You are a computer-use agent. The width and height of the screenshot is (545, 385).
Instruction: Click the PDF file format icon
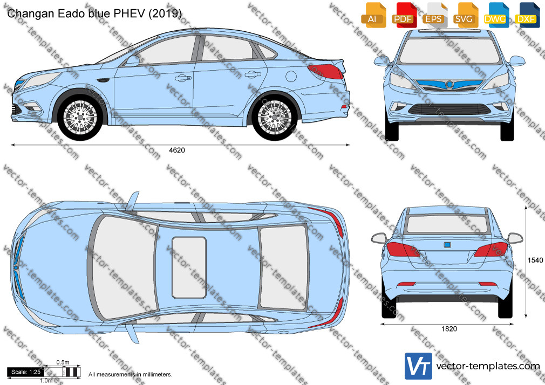[x=403, y=15]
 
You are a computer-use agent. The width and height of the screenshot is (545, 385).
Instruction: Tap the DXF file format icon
[x=527, y=15]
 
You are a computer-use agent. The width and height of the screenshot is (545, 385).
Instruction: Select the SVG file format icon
[x=465, y=15]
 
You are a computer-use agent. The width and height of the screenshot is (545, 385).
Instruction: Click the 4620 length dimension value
[x=177, y=150]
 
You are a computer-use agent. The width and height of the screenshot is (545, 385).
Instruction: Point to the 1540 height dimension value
[x=535, y=260]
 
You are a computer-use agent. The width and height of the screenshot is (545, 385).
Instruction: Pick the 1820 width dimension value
[x=449, y=329]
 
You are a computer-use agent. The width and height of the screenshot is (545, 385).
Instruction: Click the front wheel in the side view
[x=80, y=117]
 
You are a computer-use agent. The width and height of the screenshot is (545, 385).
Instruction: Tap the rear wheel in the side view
[x=275, y=117]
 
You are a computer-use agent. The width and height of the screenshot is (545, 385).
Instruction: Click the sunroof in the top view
[x=189, y=267]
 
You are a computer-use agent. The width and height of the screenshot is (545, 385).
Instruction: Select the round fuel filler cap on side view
[x=291, y=76]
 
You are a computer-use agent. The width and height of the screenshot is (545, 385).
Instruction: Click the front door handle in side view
[x=183, y=78]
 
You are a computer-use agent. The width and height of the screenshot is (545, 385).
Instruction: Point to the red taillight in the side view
[x=326, y=71]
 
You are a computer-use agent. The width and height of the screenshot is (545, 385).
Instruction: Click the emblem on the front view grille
[x=450, y=84]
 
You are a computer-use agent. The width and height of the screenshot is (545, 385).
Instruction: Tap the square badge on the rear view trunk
[x=447, y=245]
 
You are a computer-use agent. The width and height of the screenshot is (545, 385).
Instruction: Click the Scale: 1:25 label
[x=26, y=372]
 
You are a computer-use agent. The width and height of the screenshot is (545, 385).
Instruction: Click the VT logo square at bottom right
[x=419, y=366]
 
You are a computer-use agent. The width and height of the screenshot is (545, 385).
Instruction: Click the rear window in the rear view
[x=447, y=224]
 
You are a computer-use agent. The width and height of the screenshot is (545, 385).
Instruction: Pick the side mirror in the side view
[x=132, y=61]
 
